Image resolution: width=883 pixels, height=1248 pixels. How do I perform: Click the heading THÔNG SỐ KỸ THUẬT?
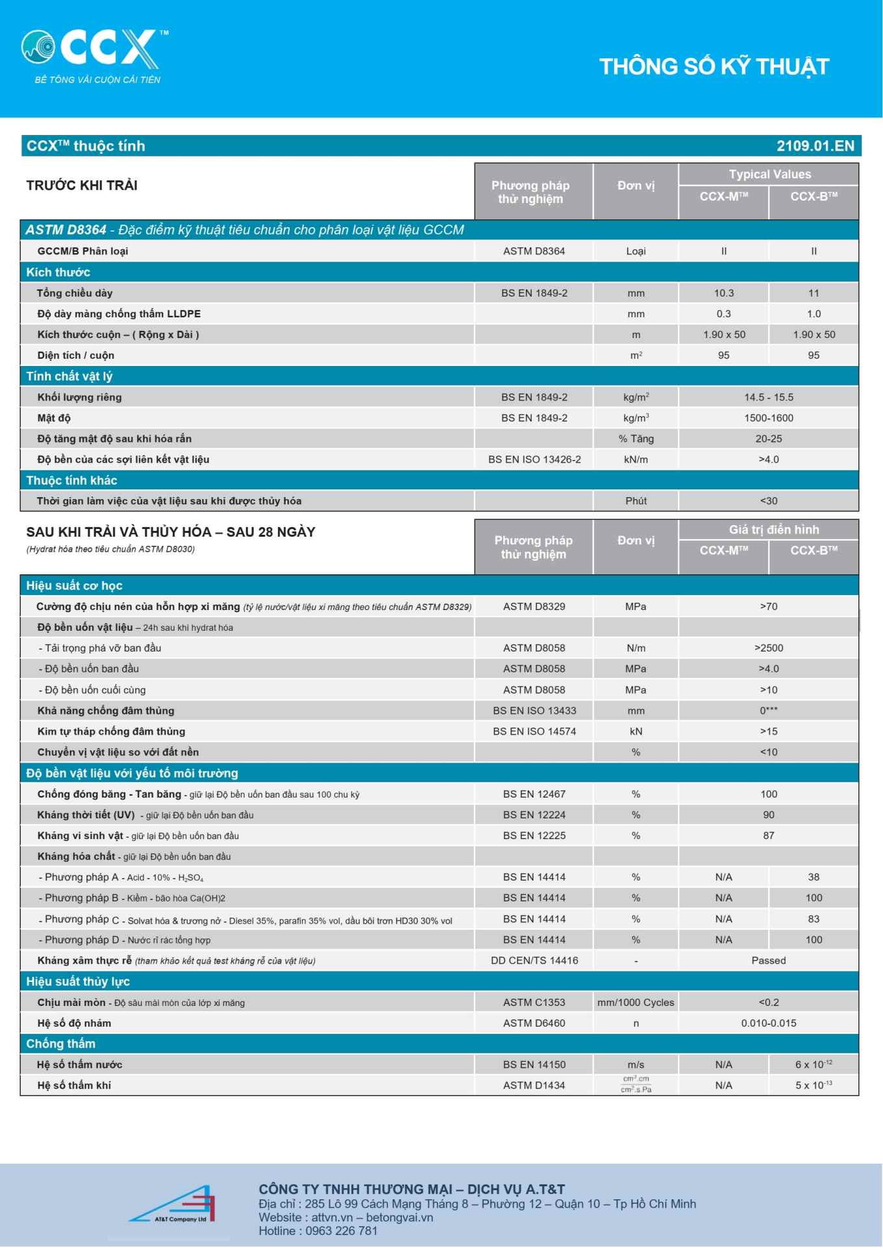pos(714,67)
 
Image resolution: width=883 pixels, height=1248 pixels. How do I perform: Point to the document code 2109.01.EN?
pos(815,146)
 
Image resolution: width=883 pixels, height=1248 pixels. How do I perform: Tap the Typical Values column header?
pos(769,175)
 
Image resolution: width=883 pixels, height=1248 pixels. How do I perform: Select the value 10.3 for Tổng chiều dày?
pos(723,293)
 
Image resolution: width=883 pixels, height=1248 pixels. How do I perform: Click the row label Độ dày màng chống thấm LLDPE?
pos(119,314)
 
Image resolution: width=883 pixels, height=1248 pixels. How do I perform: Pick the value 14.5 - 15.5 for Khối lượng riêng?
pos(769,397)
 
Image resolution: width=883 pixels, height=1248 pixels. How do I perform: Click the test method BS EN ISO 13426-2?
pos(534,459)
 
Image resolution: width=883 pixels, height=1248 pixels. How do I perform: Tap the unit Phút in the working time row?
pos(636,501)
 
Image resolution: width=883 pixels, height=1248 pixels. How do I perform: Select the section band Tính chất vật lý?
pos(69,376)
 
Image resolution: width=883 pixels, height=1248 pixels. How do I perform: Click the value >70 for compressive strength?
pos(769,607)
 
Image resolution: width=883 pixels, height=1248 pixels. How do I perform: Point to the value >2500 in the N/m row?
pos(769,648)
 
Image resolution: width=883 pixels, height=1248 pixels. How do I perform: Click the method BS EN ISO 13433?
pos(534,711)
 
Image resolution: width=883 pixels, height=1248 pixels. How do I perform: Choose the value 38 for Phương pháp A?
pos(814,877)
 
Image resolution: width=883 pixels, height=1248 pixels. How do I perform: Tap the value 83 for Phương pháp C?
pos(814,919)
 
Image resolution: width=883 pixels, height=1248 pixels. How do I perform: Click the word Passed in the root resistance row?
pos(769,960)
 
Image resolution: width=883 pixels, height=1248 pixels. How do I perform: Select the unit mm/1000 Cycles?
pos(636,1003)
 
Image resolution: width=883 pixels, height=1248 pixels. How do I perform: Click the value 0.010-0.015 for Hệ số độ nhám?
pos(769,1023)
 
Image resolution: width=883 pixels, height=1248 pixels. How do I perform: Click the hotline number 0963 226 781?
pos(341,1231)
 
